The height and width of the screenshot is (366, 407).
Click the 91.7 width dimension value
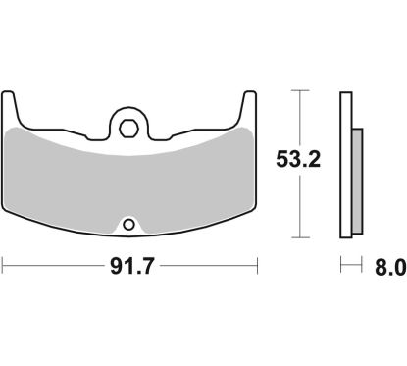point(129,266)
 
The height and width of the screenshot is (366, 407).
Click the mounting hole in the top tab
point(129,126)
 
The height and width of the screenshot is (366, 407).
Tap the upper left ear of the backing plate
point(13,102)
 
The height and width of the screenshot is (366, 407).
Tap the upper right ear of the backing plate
point(245,102)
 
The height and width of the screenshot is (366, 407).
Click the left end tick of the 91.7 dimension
point(3,265)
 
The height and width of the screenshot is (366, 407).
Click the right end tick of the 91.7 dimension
point(257,265)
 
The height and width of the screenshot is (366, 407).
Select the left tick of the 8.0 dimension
point(341,265)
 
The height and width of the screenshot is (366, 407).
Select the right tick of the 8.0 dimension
point(362,265)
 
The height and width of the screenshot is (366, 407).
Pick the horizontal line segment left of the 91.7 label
point(49,265)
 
